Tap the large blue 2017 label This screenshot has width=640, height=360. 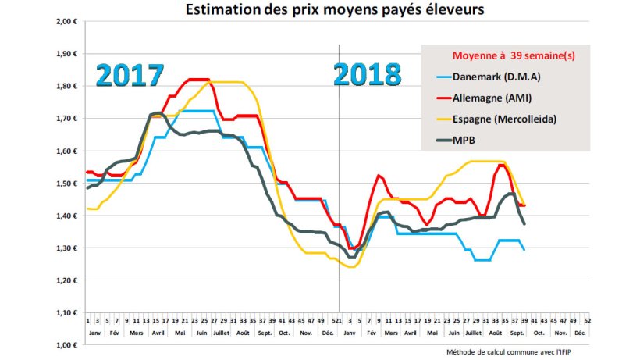(x=130, y=75)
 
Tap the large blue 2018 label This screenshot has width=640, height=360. (x=368, y=75)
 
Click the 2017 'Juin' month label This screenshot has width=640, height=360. (x=201, y=332)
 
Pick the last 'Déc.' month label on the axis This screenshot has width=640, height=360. (x=580, y=332)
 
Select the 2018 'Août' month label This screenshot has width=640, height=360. (x=497, y=332)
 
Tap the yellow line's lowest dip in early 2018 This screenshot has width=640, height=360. (x=351, y=267)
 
